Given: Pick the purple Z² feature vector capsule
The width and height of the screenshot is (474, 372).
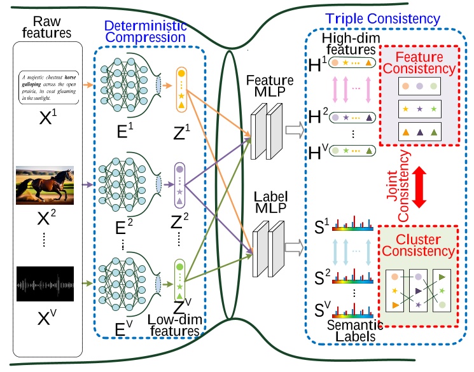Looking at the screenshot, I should (181, 185).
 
